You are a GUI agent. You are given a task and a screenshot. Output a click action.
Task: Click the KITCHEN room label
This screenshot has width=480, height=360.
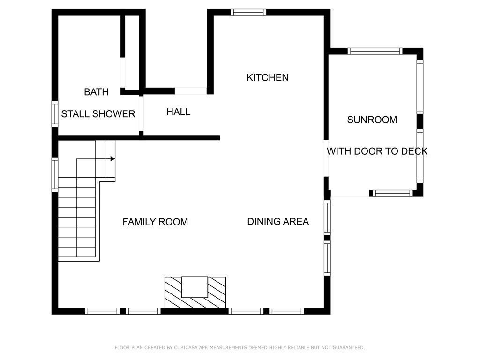click(x=268, y=78)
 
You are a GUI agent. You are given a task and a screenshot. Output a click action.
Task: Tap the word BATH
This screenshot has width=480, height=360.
click(x=96, y=92)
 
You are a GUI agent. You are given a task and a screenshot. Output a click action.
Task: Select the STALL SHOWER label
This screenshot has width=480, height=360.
click(x=98, y=114)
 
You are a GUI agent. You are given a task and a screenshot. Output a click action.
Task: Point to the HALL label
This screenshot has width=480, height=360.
click(x=179, y=112)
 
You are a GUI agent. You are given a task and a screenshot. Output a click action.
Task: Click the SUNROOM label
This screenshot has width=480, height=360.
click(x=372, y=120)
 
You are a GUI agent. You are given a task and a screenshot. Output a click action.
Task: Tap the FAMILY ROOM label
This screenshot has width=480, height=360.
click(x=155, y=222)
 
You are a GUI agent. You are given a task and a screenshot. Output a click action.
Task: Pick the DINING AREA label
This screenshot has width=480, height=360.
click(x=278, y=222)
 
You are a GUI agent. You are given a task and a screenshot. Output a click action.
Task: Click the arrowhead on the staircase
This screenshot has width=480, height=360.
click(x=112, y=159)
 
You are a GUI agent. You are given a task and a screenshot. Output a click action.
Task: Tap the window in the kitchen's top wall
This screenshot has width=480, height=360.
click(x=248, y=12)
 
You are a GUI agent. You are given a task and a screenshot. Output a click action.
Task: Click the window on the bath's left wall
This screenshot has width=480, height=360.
click(x=55, y=113)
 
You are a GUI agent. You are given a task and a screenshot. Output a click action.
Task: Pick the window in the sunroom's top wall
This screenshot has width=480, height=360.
click(x=375, y=51)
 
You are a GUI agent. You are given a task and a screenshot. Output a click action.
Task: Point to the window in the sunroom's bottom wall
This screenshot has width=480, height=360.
click(x=392, y=193)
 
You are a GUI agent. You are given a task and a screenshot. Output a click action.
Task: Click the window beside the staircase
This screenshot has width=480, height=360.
click(x=55, y=174)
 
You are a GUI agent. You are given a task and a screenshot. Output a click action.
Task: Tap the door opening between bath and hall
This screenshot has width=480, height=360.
click(x=141, y=113)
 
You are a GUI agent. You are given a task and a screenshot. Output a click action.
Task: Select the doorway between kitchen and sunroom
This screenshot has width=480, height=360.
click(x=326, y=158)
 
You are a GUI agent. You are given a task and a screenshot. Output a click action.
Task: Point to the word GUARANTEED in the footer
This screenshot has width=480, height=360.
click(x=349, y=347)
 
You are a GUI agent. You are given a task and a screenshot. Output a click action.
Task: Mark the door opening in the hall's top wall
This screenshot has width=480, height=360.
click(x=191, y=91)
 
